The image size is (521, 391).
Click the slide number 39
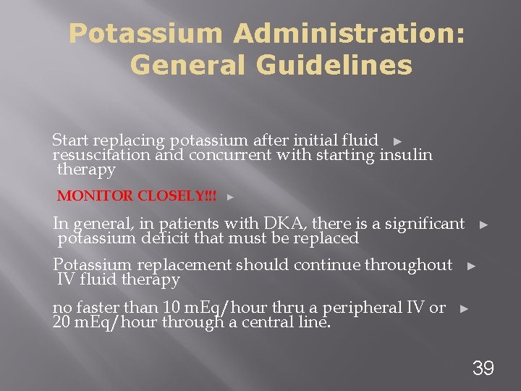point(483,368)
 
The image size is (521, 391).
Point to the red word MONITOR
point(96,196)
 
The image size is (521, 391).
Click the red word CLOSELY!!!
point(177,196)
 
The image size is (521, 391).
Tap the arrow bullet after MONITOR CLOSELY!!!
point(230,197)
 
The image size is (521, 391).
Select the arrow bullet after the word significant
point(484,225)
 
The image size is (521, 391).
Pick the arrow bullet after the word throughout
point(472,266)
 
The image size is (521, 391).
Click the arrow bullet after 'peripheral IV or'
point(464,308)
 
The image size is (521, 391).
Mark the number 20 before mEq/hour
point(62,321)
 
